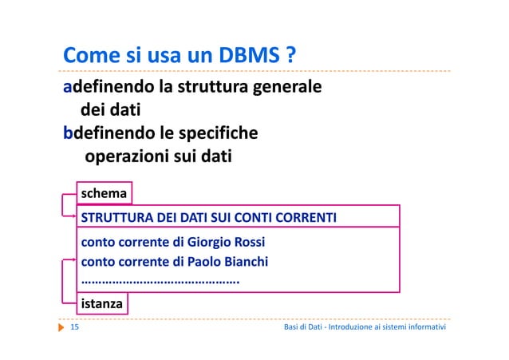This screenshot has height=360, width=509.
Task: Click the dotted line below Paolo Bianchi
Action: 160,282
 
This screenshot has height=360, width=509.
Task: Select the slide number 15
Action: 76,328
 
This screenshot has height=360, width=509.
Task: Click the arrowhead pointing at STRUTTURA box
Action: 72,213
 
